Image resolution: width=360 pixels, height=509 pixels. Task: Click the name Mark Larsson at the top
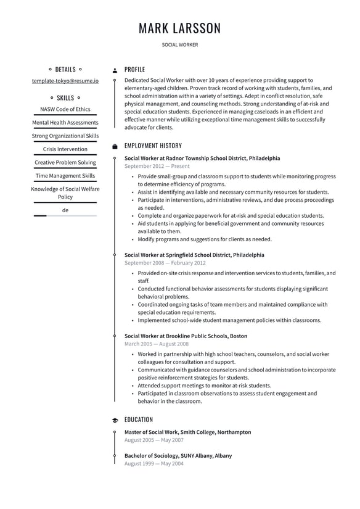(x=179, y=28)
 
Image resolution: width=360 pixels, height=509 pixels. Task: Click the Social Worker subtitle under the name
(x=180, y=45)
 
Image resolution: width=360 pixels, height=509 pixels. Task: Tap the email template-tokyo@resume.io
(x=65, y=81)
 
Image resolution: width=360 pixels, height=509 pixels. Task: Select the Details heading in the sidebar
(x=65, y=70)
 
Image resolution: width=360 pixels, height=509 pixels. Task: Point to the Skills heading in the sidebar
(x=65, y=97)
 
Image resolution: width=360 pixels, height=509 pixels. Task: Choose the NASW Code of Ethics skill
(x=65, y=109)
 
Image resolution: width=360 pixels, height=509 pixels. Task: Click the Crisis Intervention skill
(x=65, y=149)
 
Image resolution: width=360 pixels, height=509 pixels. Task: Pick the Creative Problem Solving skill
(x=65, y=163)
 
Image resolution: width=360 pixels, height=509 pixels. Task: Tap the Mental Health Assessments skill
(x=65, y=123)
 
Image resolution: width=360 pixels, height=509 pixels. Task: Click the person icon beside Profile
(x=115, y=70)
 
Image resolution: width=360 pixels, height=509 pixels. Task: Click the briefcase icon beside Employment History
(x=115, y=146)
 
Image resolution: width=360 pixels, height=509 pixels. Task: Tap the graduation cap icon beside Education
(x=115, y=420)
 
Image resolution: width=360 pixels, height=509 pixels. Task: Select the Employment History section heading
(x=153, y=146)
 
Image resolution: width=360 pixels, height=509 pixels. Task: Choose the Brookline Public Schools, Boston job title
(x=186, y=336)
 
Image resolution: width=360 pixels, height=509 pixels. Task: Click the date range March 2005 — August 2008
(x=157, y=344)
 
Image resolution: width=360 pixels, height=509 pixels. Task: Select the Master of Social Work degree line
(x=187, y=432)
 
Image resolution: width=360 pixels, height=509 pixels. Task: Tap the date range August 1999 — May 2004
(x=153, y=464)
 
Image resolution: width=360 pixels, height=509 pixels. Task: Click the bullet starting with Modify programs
(x=204, y=239)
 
